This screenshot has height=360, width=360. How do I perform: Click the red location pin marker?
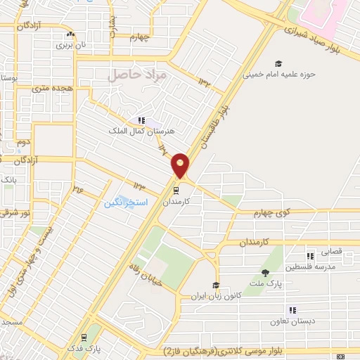181,165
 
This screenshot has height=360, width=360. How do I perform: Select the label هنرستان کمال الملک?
141,131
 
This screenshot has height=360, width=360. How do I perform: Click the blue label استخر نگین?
127,202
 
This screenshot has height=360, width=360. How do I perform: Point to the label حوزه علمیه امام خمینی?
279,73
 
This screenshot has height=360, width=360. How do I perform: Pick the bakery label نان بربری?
70,44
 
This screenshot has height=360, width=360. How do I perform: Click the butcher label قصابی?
330,251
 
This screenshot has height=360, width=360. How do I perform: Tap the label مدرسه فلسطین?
310,266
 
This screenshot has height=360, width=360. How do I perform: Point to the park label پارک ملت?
266,283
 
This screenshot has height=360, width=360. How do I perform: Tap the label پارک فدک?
84,347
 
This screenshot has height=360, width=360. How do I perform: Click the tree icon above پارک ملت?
265,273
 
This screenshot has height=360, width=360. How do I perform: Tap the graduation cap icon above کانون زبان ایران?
217,285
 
